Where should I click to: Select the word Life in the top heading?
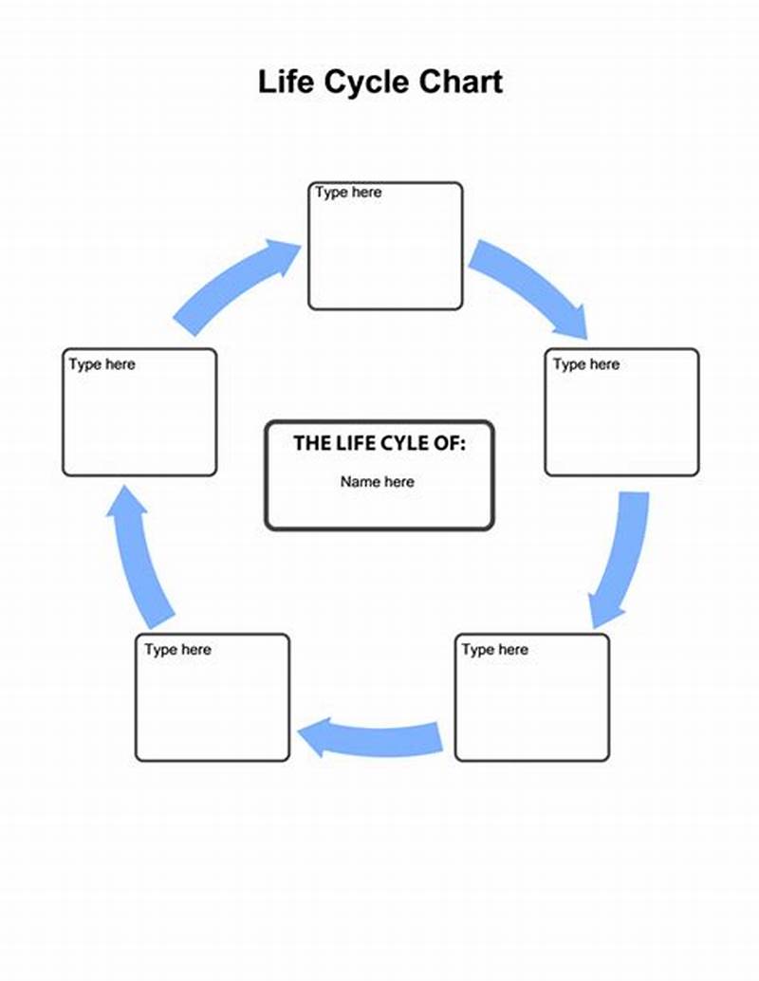[285, 82]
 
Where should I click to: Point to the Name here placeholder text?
[378, 482]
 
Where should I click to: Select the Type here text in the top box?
[348, 193]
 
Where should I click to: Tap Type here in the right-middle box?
[585, 364]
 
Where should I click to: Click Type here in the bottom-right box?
[494, 650]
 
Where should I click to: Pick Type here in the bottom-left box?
[177, 650]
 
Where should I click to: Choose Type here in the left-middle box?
[102, 364]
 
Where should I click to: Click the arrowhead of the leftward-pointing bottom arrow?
[318, 736]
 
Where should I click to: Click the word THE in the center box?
[311, 442]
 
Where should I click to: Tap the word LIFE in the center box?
[357, 442]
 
